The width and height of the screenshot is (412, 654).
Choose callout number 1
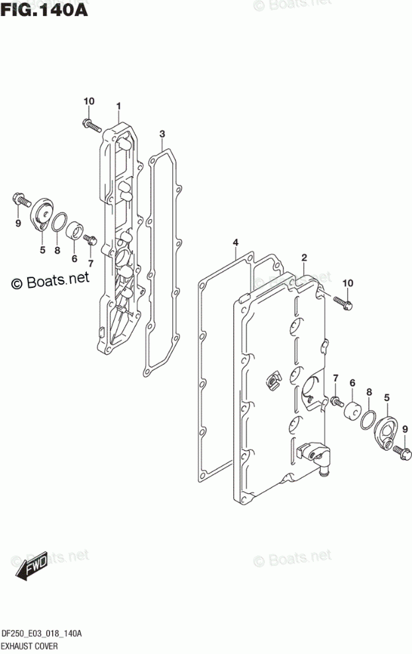click(119, 107)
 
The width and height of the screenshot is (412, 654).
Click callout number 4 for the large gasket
click(234, 244)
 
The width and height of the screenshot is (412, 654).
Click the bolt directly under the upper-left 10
click(90, 123)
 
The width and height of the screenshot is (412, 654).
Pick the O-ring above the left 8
click(59, 223)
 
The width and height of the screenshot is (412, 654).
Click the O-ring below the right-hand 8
click(369, 421)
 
